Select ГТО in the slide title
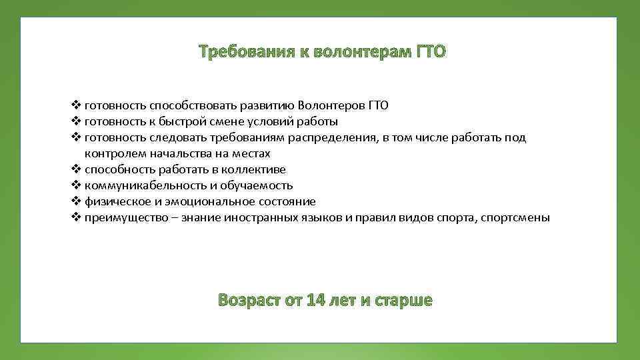pos(430,52)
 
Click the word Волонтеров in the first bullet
pos(331,105)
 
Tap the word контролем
pos(111,153)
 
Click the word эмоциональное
pos(200,201)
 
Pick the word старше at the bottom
pos(403,300)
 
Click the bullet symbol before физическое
pos(75,201)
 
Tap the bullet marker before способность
pos(75,169)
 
